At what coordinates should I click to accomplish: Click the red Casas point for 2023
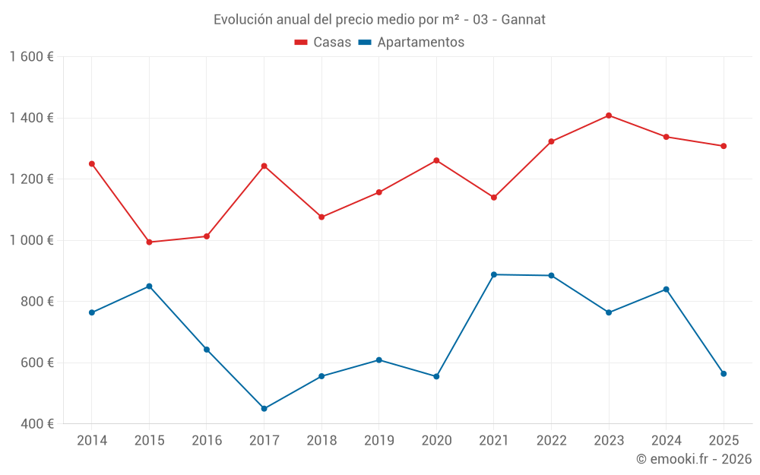point(609,116)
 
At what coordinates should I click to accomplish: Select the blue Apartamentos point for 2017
point(264,409)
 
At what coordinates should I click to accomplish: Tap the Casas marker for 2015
point(149,242)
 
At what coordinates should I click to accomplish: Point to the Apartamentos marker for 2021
point(494,274)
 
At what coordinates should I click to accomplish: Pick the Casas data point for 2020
point(436,160)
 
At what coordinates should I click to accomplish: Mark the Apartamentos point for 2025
point(724,374)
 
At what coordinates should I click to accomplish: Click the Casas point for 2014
point(92,163)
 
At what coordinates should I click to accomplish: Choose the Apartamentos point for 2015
point(149,287)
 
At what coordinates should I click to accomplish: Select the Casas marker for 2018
point(321,217)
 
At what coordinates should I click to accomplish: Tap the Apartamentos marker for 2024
point(667,290)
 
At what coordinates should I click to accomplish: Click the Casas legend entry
point(323,43)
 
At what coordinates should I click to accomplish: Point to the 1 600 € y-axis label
point(32,57)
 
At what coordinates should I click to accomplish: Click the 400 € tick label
point(36,424)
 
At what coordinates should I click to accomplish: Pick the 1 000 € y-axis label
point(32,240)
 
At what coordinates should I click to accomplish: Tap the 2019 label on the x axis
point(378,441)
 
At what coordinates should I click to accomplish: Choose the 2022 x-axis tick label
point(551,441)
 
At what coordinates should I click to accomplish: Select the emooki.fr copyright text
point(694,459)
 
